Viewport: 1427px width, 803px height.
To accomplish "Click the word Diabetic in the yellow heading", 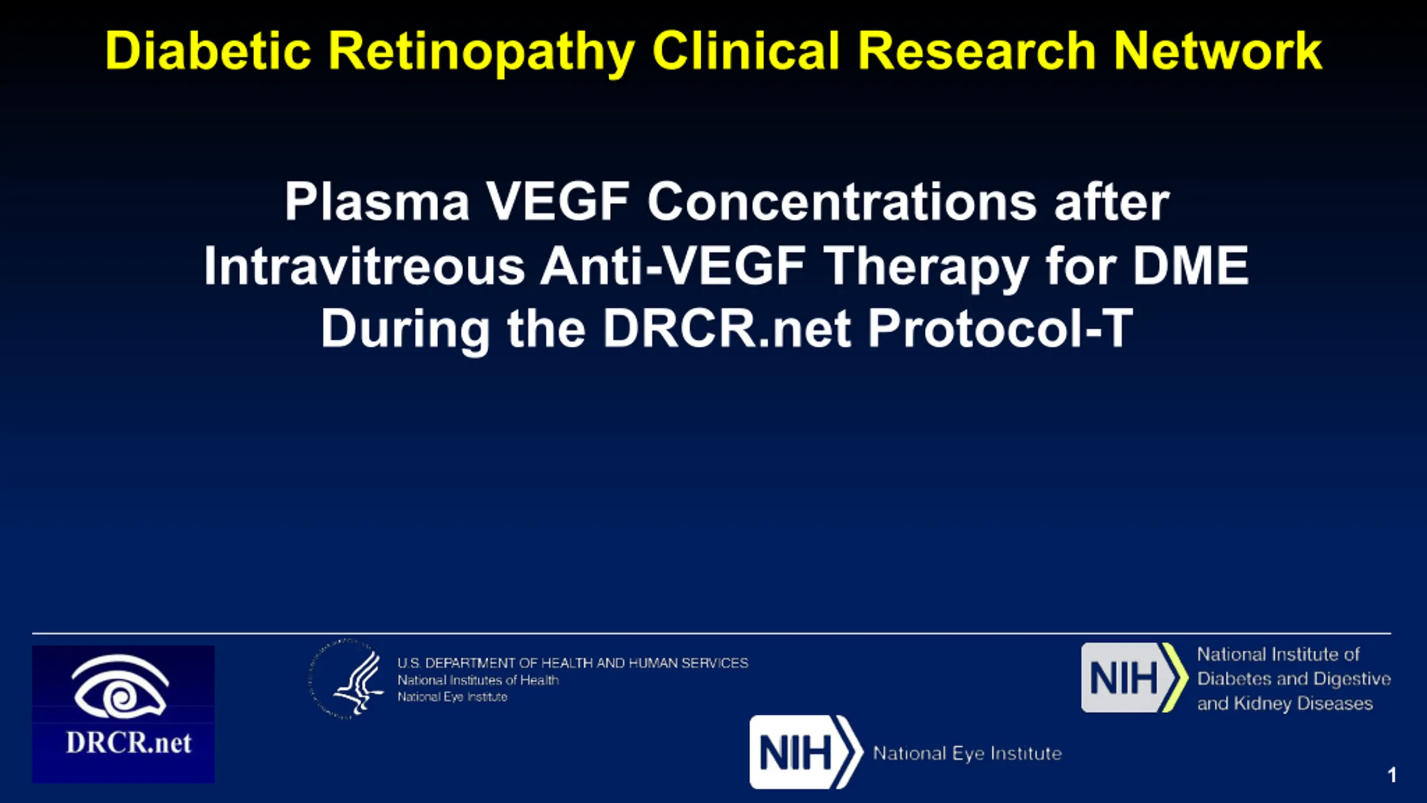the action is [x=208, y=51].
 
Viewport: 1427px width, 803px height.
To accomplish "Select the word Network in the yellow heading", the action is [x=1217, y=51].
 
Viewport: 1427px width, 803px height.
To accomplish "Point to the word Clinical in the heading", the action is [x=746, y=51].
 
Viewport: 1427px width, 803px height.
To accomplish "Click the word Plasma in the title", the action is [x=377, y=201].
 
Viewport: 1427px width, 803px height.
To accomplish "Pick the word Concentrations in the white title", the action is [x=842, y=201].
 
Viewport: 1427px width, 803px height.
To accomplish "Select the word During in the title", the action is [x=405, y=330].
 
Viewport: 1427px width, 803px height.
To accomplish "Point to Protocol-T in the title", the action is [x=1001, y=328].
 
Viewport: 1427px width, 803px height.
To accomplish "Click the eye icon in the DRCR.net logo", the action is [x=120, y=686].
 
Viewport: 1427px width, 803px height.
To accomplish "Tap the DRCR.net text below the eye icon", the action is [x=129, y=743].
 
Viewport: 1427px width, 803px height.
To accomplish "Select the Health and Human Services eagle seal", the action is [x=347, y=679].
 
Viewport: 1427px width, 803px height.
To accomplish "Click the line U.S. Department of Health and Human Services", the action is [x=572, y=663].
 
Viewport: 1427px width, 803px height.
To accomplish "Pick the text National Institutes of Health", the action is [x=478, y=680].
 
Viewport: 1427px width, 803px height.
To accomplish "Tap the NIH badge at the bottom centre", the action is [x=806, y=752].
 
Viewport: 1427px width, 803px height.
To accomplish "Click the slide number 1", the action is [x=1392, y=775].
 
